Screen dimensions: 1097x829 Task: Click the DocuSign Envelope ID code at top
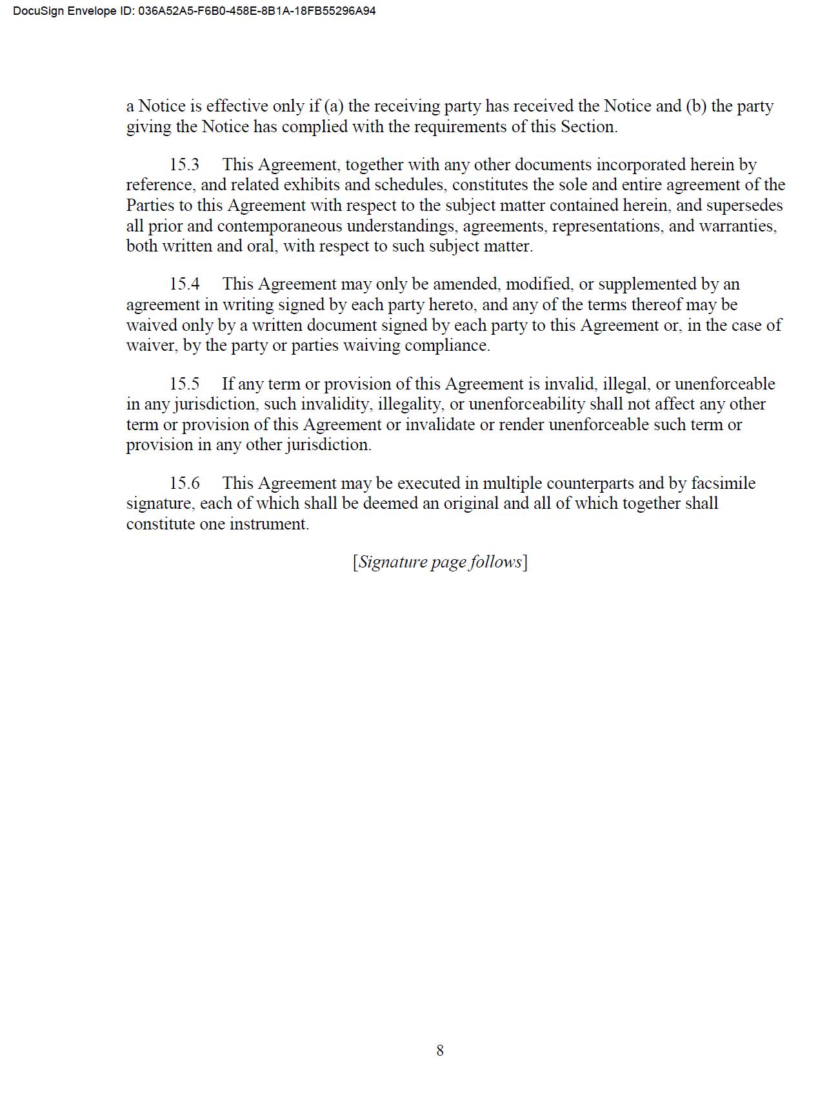257,11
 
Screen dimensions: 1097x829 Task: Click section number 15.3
185,164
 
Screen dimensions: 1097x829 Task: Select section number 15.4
185,284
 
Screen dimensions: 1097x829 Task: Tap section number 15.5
185,384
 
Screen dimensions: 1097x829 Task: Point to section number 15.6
185,483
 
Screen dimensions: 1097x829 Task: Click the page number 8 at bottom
440,1051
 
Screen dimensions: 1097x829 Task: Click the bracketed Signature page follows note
440,562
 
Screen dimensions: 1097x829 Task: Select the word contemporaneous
279,226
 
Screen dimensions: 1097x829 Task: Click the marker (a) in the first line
334,106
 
